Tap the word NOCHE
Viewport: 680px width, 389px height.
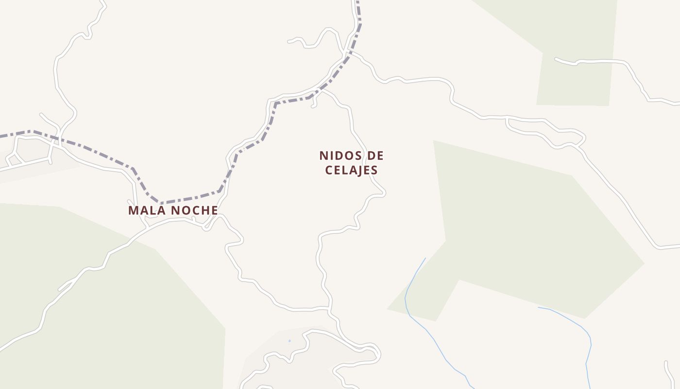(193, 210)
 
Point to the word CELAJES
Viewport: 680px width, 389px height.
(351, 170)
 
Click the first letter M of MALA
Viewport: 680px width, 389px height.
(133, 210)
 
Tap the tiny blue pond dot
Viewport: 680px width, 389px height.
(289, 341)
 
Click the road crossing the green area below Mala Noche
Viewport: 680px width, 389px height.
(73, 282)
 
